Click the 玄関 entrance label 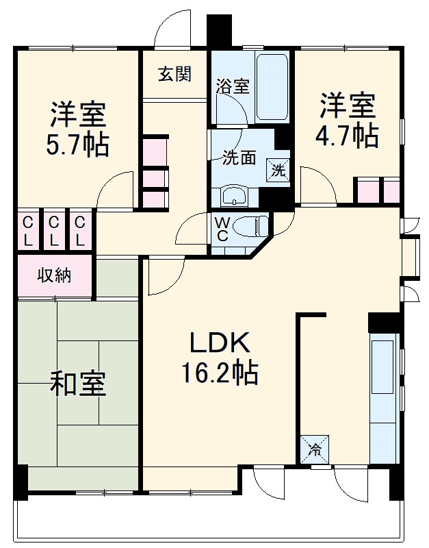click(174, 74)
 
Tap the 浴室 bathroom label click(233, 86)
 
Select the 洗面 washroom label click(239, 158)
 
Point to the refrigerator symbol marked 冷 click(315, 449)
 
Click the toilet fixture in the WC click(254, 225)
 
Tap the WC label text click(223, 229)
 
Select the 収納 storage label click(54, 276)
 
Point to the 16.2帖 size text click(219, 373)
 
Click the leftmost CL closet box click(28, 231)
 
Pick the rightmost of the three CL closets click(80, 231)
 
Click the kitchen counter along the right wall click(383, 397)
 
